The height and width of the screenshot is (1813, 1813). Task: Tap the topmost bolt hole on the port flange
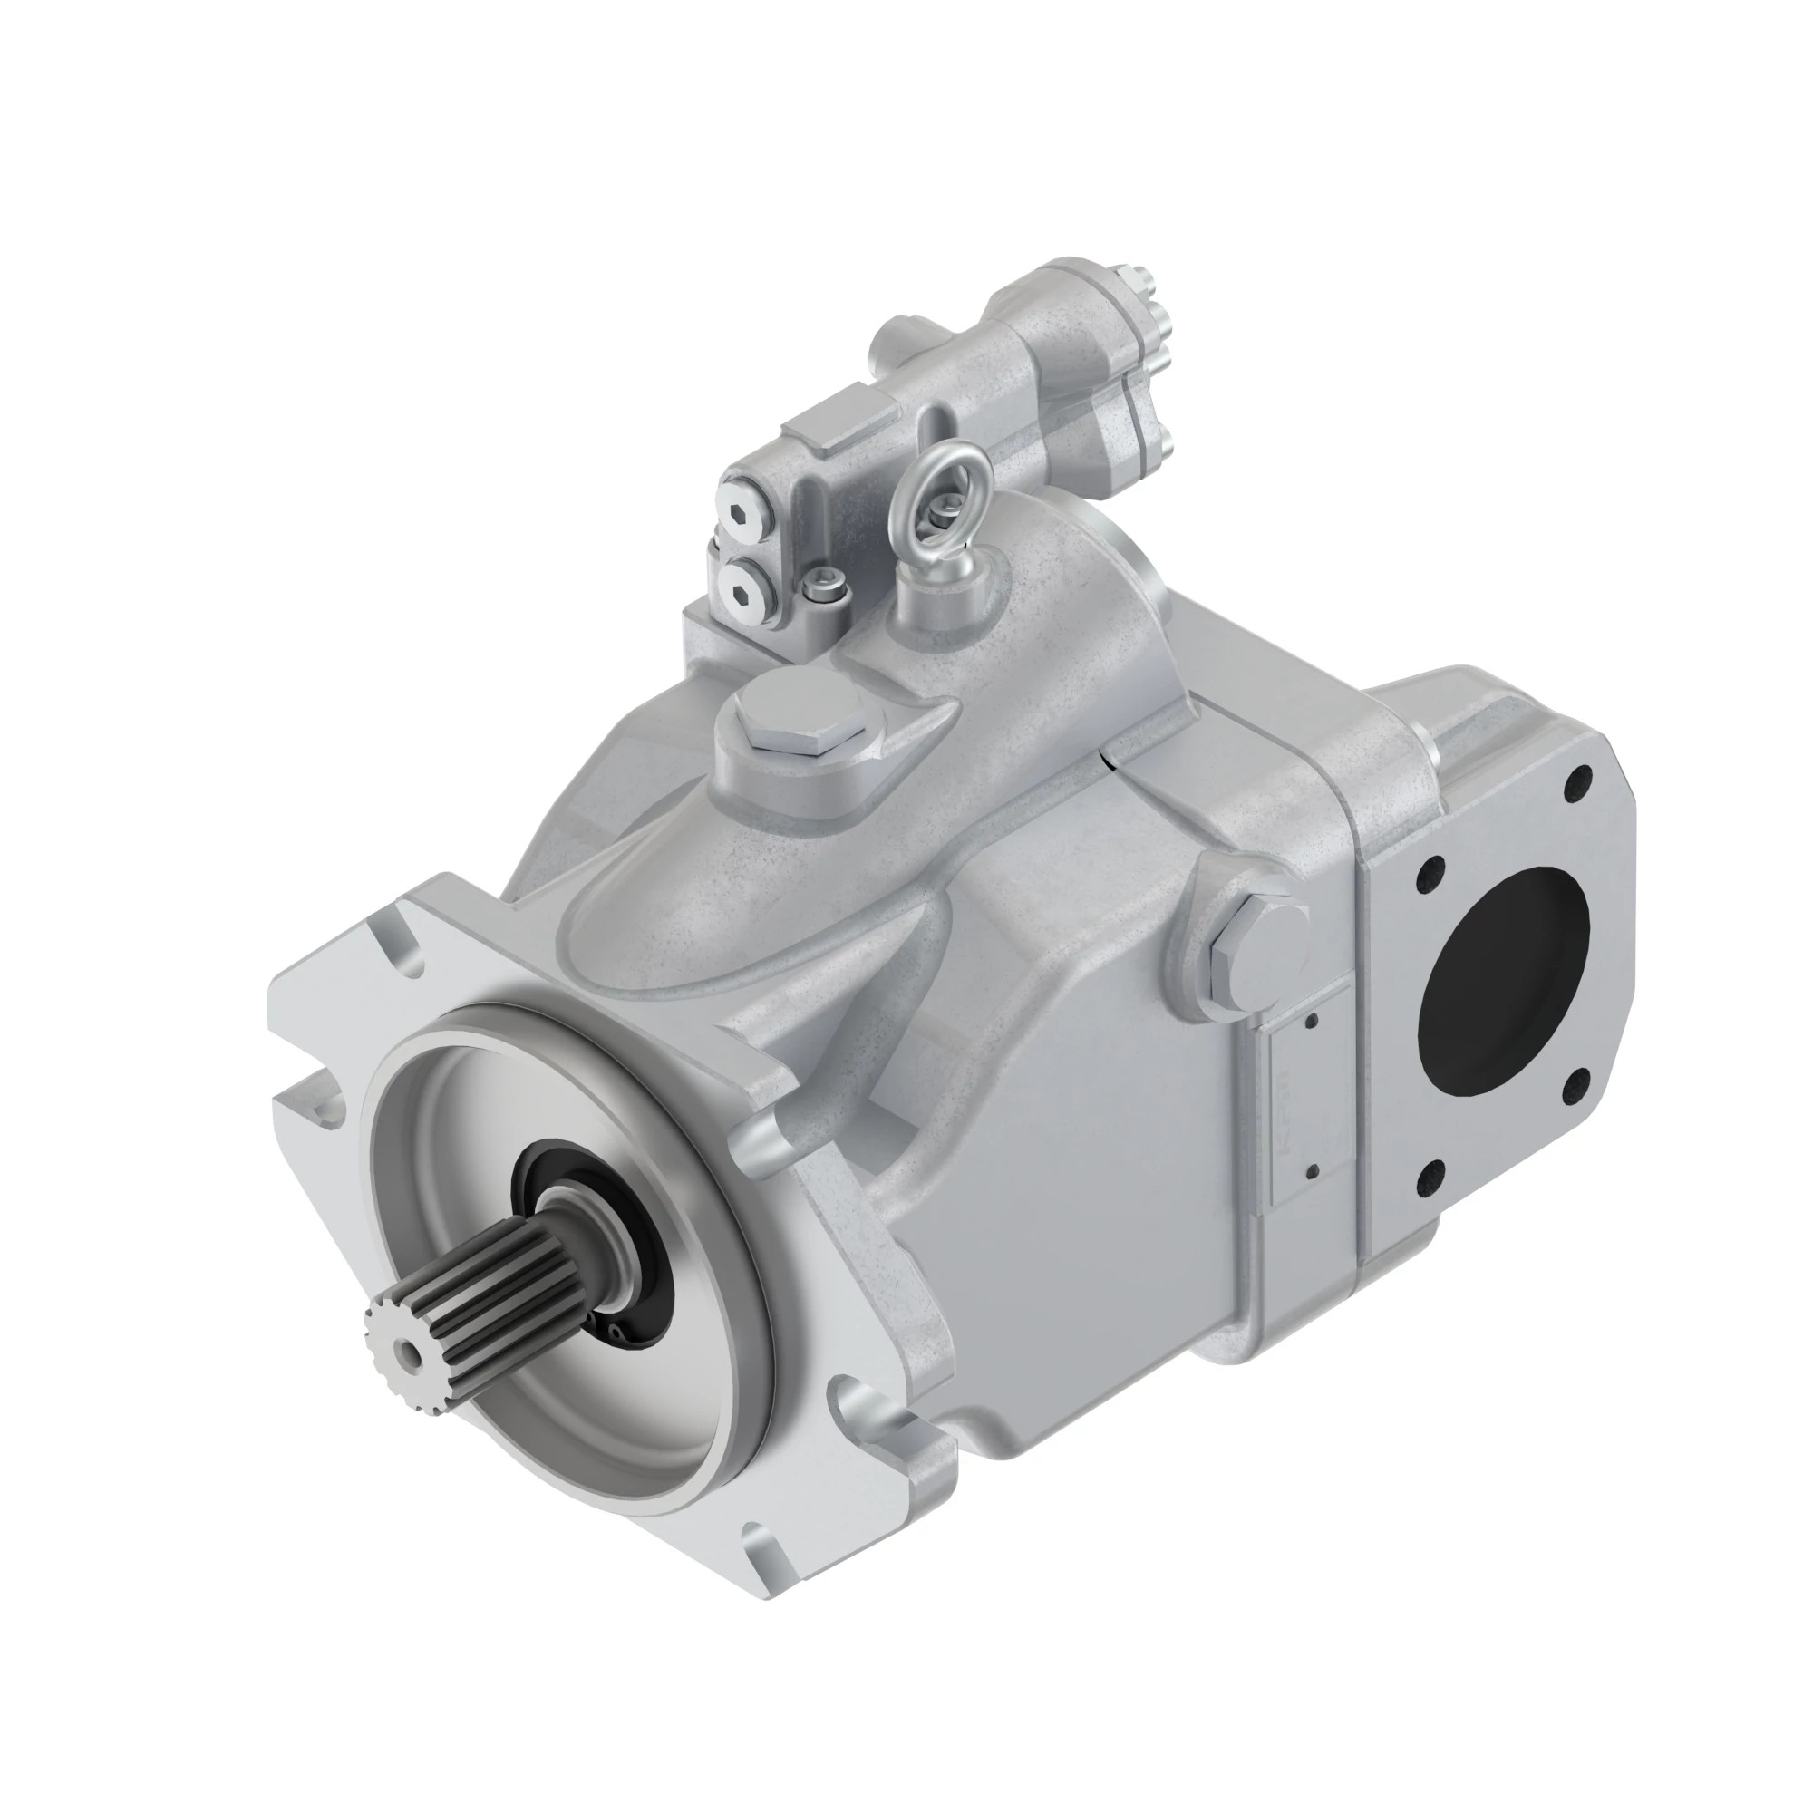coord(1579,778)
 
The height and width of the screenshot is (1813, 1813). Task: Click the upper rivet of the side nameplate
coord(1312,1021)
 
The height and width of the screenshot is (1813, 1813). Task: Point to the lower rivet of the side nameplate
coord(1312,1170)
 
